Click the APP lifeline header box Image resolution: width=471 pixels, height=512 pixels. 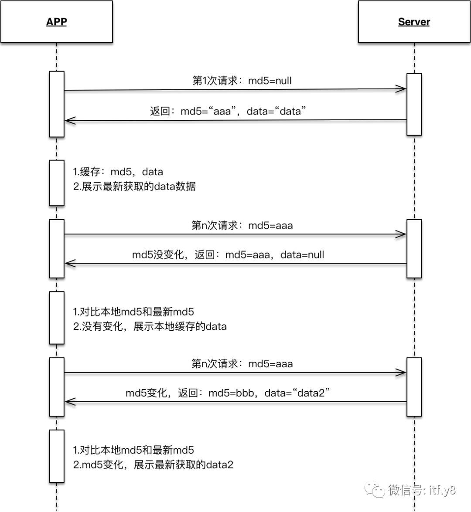[x=57, y=22]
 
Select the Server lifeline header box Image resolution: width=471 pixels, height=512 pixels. [x=414, y=22]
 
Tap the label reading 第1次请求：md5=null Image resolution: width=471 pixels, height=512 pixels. [x=242, y=81]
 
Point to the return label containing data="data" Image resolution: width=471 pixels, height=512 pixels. [x=228, y=111]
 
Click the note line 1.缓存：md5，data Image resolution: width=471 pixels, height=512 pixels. [x=118, y=172]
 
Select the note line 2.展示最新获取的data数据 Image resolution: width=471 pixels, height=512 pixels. [x=134, y=186]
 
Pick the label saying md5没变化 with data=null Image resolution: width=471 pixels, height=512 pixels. [x=228, y=254]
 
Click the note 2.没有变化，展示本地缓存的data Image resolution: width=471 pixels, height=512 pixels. [x=150, y=326]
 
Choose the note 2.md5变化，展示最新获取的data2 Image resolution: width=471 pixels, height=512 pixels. [x=153, y=465]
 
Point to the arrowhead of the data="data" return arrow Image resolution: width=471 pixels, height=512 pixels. [x=69, y=120]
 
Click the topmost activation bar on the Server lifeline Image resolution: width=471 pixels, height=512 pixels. [x=414, y=104]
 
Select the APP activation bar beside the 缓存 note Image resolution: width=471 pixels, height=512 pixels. [x=57, y=183]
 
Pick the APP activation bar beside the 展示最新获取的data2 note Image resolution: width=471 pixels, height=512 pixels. [x=57, y=456]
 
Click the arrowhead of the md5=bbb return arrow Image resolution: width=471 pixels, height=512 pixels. [x=69, y=402]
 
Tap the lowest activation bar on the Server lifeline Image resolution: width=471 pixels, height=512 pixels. [x=414, y=387]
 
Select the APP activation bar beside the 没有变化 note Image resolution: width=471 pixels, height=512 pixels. [x=57, y=318]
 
